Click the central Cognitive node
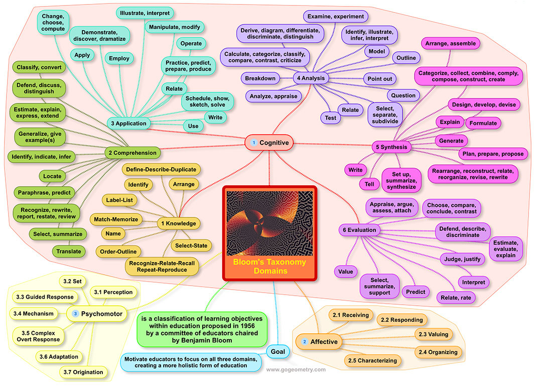[x=270, y=143]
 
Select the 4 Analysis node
[x=311, y=78]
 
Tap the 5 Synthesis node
[x=391, y=147]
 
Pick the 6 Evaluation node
[x=359, y=230]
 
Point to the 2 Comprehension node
[x=132, y=153]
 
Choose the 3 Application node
[x=129, y=123]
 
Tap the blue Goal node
[x=278, y=351]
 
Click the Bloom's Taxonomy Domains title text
[x=270, y=267]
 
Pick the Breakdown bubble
[x=260, y=78]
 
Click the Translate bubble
[x=68, y=251]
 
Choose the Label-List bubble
[x=120, y=200]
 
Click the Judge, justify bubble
[x=463, y=260]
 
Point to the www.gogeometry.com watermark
[x=296, y=369]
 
